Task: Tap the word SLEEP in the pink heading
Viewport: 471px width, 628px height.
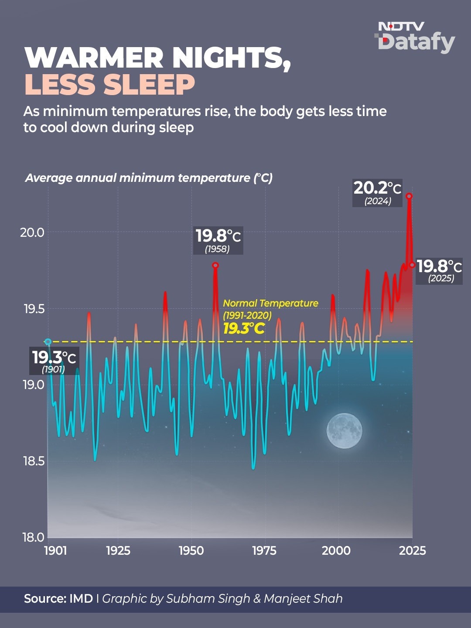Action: [148, 85]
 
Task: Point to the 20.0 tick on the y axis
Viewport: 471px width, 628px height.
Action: [32, 232]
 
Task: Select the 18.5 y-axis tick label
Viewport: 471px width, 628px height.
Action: [32, 461]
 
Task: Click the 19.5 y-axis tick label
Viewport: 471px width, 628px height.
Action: [32, 309]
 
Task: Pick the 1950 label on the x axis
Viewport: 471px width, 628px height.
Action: [191, 551]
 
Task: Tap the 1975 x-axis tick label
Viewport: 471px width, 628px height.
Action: [265, 551]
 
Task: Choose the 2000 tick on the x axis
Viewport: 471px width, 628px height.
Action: [336, 551]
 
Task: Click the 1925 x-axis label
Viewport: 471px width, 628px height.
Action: [118, 551]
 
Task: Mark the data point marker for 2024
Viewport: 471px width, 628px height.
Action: [409, 196]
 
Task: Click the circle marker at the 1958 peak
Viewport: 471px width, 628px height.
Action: [215, 266]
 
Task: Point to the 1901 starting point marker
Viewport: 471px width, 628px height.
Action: [48, 341]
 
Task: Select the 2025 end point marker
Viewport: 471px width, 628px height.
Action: [412, 265]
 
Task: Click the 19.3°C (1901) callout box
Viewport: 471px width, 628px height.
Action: [54, 362]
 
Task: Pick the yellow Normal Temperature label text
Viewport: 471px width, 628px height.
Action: [270, 316]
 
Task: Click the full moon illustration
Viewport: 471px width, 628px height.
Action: [345, 430]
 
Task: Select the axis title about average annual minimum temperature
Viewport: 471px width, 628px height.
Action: [149, 177]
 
